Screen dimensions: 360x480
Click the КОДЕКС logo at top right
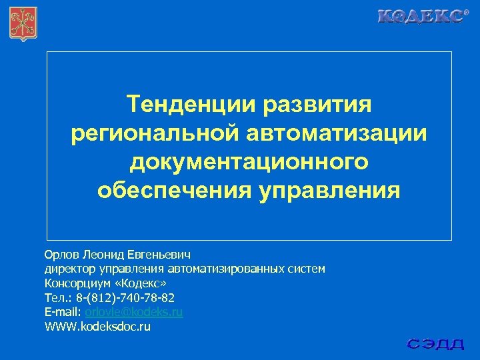[422, 17]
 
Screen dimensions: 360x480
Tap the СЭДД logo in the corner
[436, 344]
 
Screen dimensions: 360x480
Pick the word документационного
[249, 161]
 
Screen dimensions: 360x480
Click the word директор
[70, 269]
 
